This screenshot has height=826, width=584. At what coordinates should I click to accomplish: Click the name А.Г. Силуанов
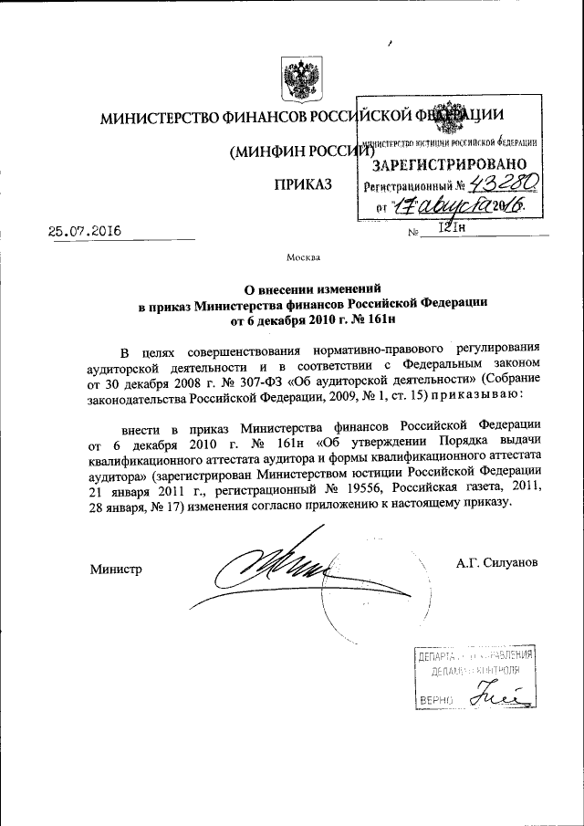497,562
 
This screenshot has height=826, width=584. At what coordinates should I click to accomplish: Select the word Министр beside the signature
116,570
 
